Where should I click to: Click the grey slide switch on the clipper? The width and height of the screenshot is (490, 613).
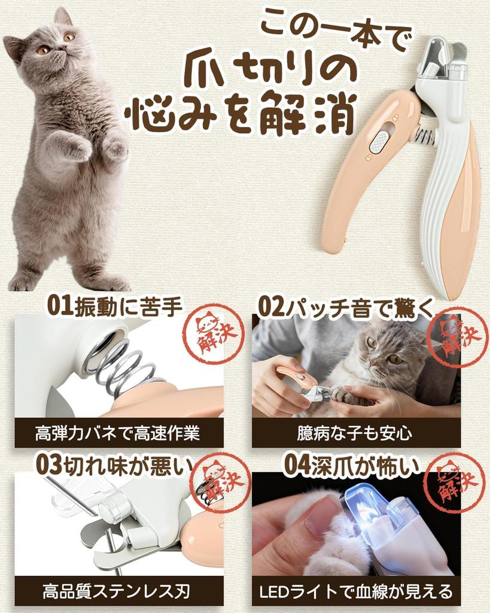[x=378, y=142]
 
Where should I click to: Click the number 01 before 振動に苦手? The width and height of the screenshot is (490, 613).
[x=59, y=306]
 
